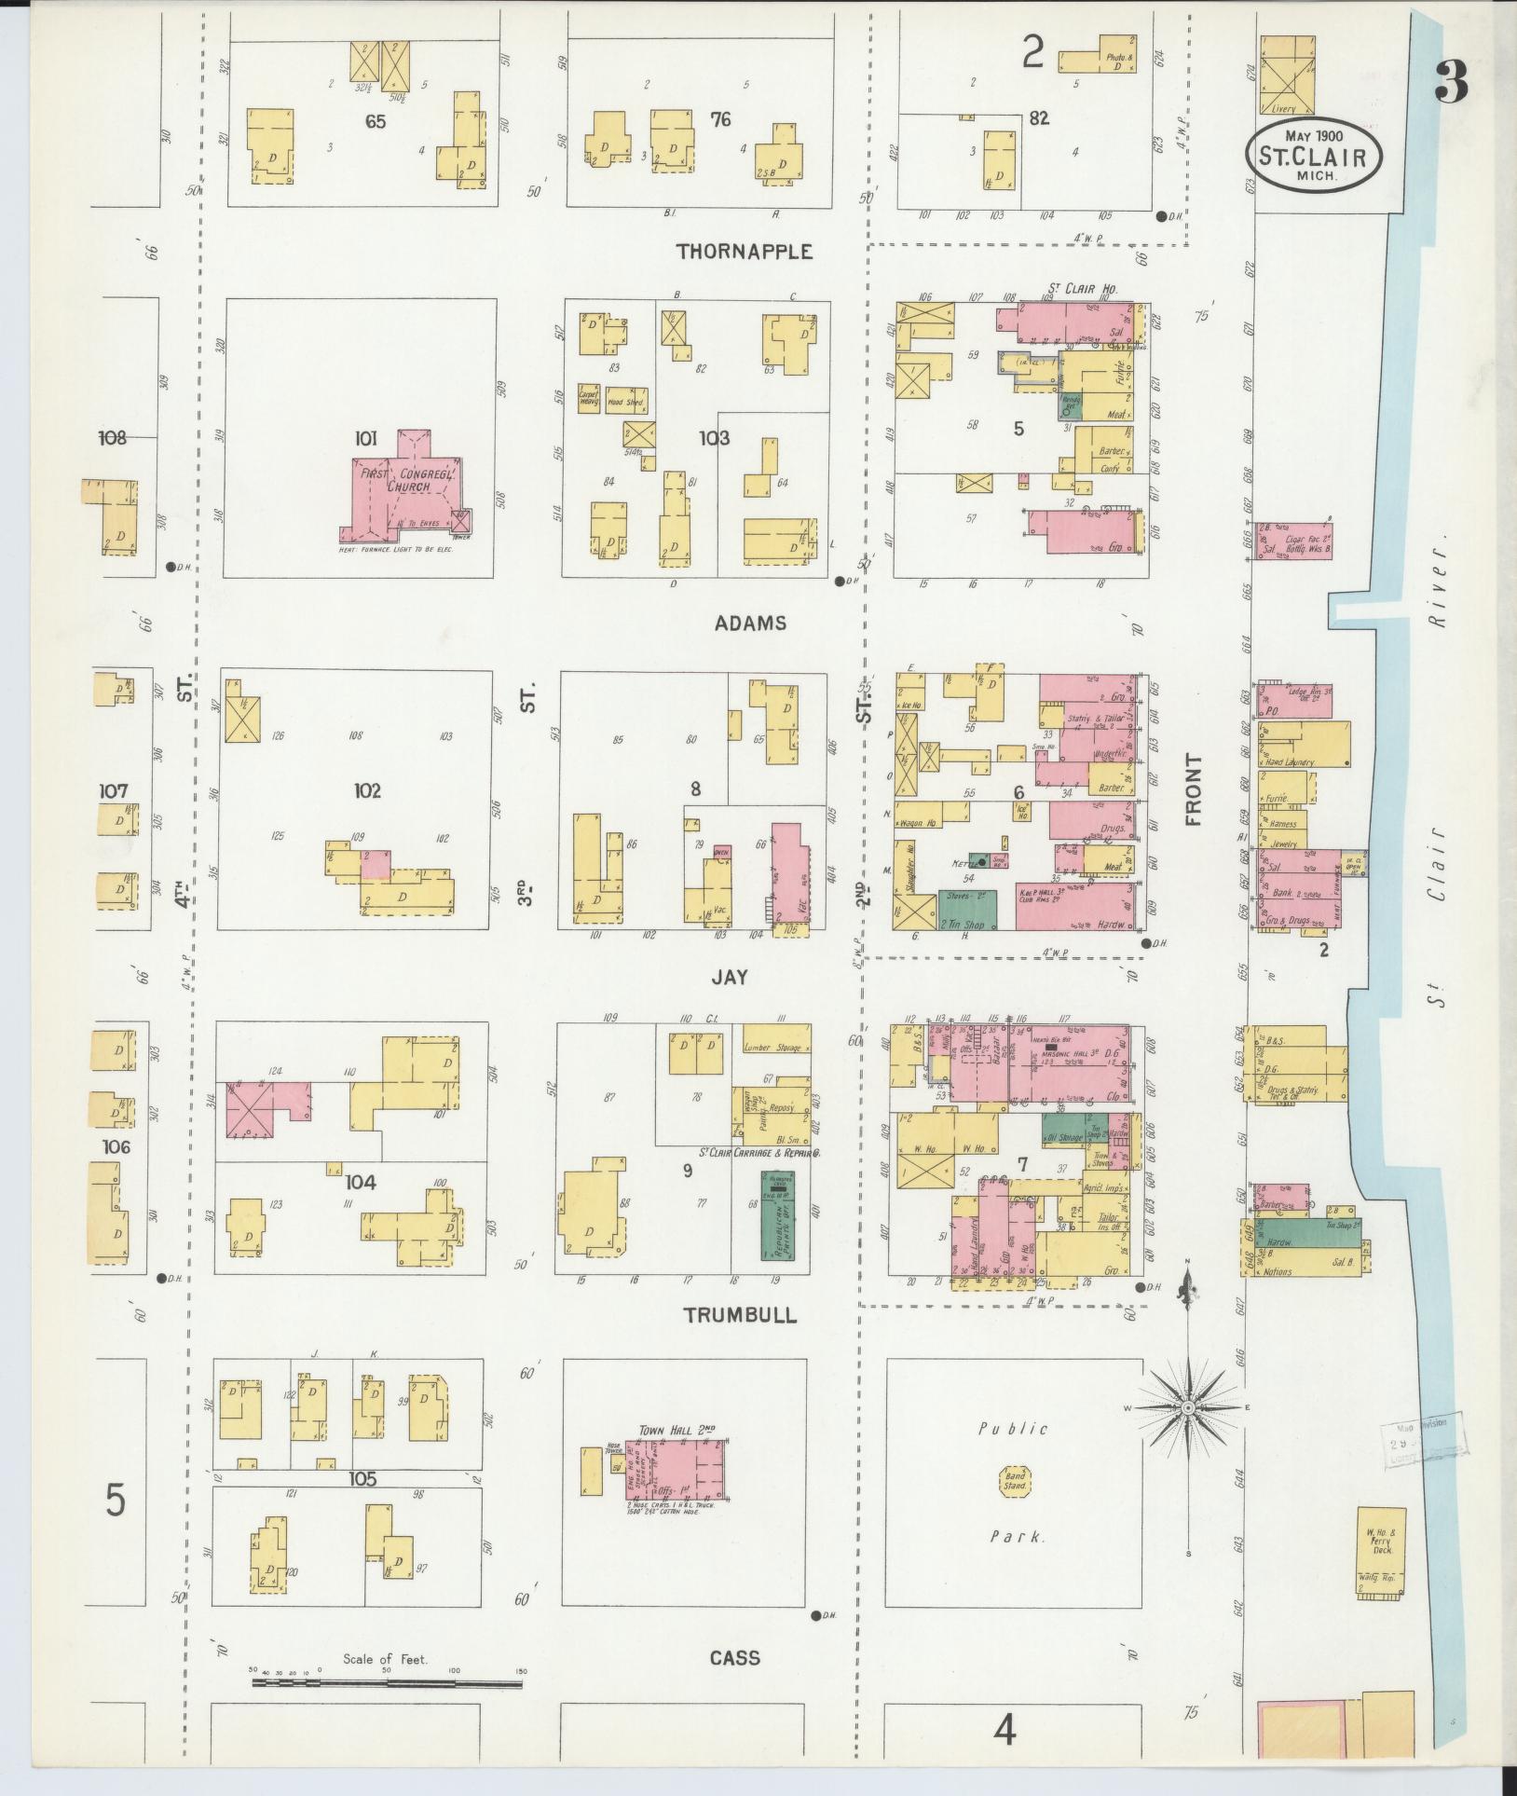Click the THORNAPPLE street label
coord(745,252)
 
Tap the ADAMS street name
coord(750,624)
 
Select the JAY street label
coord(730,977)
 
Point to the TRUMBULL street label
coord(740,1315)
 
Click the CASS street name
coord(734,1658)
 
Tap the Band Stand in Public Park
coord(1014,1480)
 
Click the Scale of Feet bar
coord(387,1683)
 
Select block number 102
coord(367,791)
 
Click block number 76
coord(720,119)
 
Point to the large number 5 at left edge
coord(115,1501)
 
